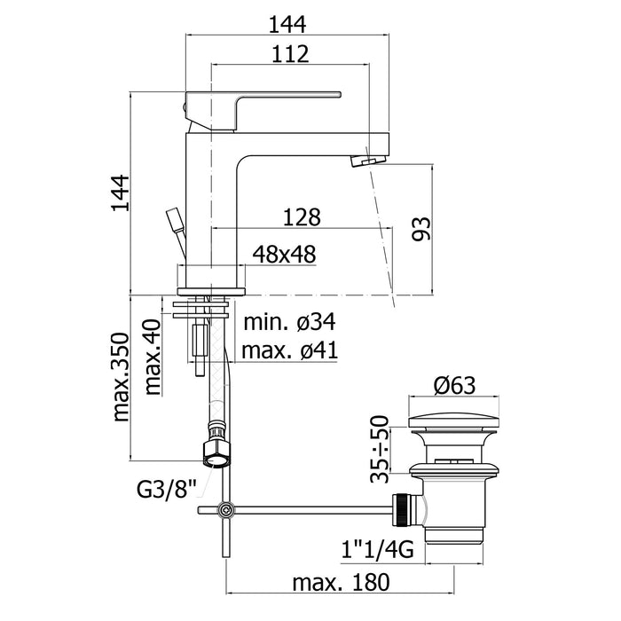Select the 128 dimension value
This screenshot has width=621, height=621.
tap(302, 217)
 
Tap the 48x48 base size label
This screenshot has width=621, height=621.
tap(284, 255)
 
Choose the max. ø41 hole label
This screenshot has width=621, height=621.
tap(288, 350)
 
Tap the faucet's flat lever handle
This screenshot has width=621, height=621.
tap(266, 95)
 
